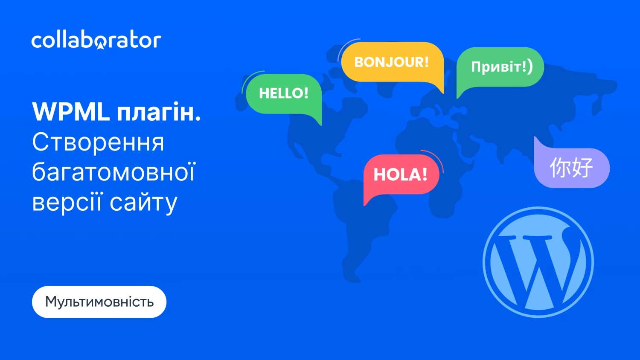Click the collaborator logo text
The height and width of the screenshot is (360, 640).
coord(96,41)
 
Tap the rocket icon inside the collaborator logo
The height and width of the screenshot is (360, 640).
coord(101,46)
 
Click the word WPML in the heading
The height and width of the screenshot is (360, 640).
coord(71,112)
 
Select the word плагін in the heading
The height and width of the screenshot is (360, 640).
coord(159,112)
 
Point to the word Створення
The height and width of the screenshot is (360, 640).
coord(98,142)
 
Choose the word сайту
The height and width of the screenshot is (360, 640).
coord(143,203)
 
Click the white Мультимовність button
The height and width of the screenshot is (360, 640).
coord(99,302)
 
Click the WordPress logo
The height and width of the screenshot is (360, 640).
coord(538,262)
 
